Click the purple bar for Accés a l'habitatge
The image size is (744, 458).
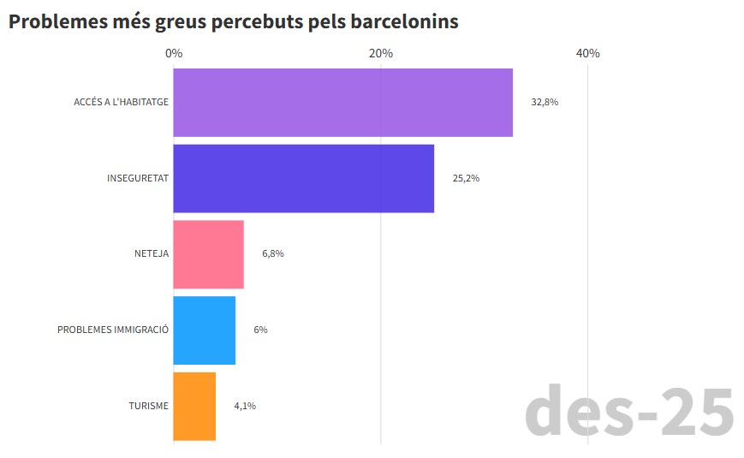(342, 102)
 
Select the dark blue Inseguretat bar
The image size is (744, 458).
(303, 178)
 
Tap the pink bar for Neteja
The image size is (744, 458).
(208, 254)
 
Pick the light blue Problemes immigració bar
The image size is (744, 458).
(204, 330)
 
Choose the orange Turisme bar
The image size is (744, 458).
(194, 406)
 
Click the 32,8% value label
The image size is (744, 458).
(545, 102)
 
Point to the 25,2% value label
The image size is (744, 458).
(466, 178)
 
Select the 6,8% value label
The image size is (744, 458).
(273, 254)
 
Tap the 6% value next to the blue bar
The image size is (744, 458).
(260, 330)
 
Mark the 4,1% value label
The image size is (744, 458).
(245, 406)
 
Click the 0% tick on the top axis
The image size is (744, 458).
(174, 53)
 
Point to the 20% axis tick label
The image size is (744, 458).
(381, 53)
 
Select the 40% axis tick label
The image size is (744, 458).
(588, 53)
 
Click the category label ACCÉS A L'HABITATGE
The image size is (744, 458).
(121, 102)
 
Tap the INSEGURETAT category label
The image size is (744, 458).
(137, 178)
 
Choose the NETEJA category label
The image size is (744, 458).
(152, 254)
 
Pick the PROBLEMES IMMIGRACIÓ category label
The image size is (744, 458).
(113, 330)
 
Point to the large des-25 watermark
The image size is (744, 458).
(629, 412)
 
